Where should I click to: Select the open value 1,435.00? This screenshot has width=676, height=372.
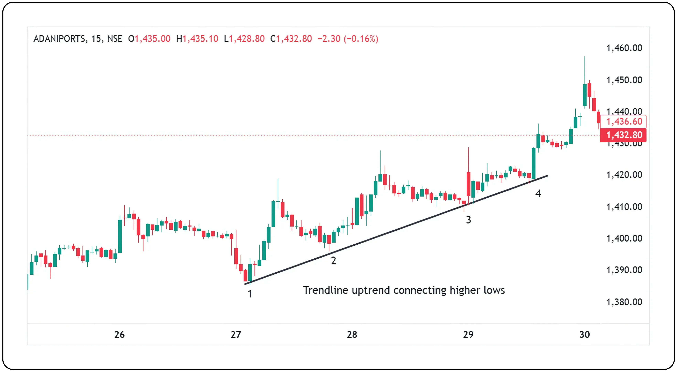click(x=152, y=39)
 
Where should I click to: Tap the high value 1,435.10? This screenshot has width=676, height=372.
click(x=200, y=39)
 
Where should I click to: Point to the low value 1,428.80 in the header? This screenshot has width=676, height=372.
click(x=247, y=39)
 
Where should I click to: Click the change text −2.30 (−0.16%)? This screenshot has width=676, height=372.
click(x=348, y=39)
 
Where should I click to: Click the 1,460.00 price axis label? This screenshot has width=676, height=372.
click(x=624, y=48)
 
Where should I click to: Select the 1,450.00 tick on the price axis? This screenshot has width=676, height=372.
click(x=624, y=80)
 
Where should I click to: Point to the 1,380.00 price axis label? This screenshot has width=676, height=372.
click(x=624, y=302)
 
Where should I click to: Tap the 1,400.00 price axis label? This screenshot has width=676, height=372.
click(x=624, y=238)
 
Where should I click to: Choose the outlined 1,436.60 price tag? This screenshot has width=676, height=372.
click(x=624, y=122)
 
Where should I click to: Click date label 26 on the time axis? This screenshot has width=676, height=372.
click(x=119, y=334)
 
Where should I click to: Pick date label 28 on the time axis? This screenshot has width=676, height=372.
click(x=352, y=334)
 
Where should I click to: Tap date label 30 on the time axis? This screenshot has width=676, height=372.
click(x=584, y=334)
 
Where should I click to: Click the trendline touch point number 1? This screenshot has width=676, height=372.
click(x=250, y=294)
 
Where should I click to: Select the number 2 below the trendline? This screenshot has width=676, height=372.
click(x=333, y=261)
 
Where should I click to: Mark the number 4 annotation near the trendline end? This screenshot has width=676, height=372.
click(x=538, y=193)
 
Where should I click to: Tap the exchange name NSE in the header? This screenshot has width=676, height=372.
click(x=115, y=39)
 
